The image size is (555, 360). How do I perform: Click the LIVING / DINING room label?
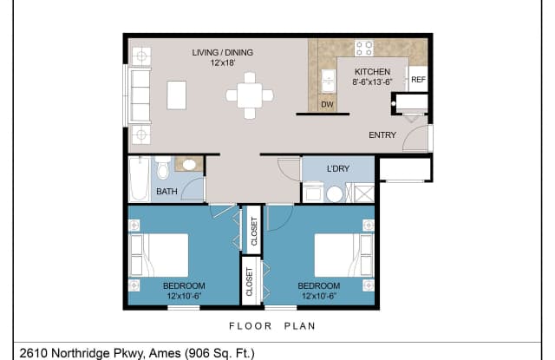[x=223, y=53]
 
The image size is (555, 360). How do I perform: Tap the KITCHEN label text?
[x=371, y=72]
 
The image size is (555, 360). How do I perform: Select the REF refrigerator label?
[x=418, y=80]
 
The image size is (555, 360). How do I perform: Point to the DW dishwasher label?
[x=327, y=105]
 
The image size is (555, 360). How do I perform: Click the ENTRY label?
[x=382, y=134]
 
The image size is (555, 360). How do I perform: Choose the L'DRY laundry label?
[x=337, y=168]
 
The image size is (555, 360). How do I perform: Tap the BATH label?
[x=166, y=192]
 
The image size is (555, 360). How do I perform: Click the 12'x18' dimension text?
[x=223, y=63]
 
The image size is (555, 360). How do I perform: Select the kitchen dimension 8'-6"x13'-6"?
[x=371, y=82]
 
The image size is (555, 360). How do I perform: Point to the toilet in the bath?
[x=162, y=165]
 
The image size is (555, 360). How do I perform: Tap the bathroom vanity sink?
[x=189, y=163]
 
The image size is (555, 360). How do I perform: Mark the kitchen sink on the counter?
[x=328, y=81]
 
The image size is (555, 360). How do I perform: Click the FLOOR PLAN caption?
[x=272, y=327]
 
